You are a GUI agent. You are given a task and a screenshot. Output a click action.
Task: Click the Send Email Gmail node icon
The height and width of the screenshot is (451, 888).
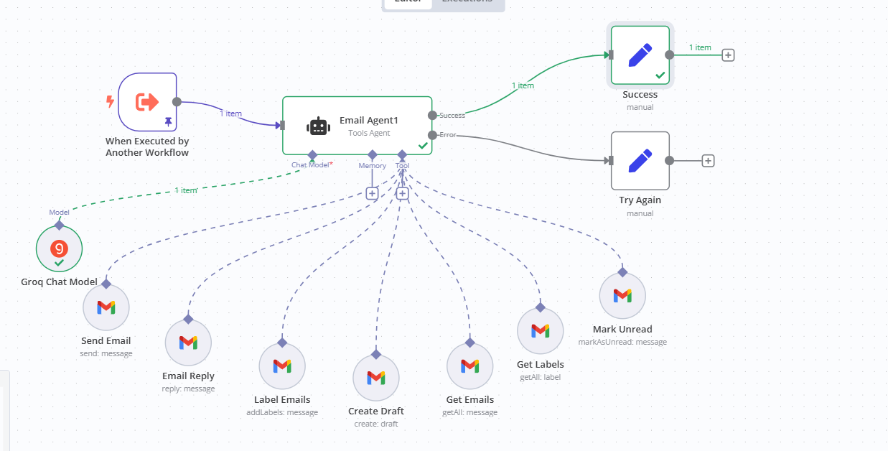pyautogui.click(x=106, y=307)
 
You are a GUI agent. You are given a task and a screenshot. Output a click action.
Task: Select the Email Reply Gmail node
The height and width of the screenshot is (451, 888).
pyautogui.click(x=188, y=343)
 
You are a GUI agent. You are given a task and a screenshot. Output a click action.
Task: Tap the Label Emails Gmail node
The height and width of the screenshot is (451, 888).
pyautogui.click(x=282, y=366)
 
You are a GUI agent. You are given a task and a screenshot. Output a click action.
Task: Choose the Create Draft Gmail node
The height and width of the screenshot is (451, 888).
pyautogui.click(x=376, y=377)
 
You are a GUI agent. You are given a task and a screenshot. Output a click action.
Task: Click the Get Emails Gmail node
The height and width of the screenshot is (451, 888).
pyautogui.click(x=469, y=366)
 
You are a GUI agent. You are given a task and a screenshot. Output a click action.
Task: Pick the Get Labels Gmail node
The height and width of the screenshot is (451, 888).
pyautogui.click(x=540, y=330)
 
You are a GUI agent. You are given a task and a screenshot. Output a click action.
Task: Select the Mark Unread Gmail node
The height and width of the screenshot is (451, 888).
pyautogui.click(x=622, y=295)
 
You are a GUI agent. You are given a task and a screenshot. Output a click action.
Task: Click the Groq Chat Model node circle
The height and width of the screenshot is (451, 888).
pyautogui.click(x=60, y=249)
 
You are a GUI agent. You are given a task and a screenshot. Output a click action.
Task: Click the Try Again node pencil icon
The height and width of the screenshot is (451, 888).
pyautogui.click(x=640, y=160)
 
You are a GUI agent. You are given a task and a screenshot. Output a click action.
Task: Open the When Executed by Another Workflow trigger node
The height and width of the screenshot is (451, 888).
pyautogui.click(x=147, y=102)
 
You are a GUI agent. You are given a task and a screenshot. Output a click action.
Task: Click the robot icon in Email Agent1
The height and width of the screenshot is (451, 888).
pyautogui.click(x=318, y=126)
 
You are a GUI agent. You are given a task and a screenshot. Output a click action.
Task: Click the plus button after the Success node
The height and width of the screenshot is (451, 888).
pyautogui.click(x=728, y=55)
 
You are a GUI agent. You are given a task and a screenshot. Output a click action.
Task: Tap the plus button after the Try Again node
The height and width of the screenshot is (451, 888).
pyautogui.click(x=708, y=161)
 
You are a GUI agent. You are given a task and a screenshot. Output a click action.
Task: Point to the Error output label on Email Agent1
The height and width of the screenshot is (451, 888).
pyautogui.click(x=447, y=135)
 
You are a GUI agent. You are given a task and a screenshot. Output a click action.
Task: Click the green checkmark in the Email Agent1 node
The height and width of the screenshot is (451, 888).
pyautogui.click(x=423, y=146)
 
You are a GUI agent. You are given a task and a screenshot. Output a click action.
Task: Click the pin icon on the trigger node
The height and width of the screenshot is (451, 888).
pyautogui.click(x=168, y=122)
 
